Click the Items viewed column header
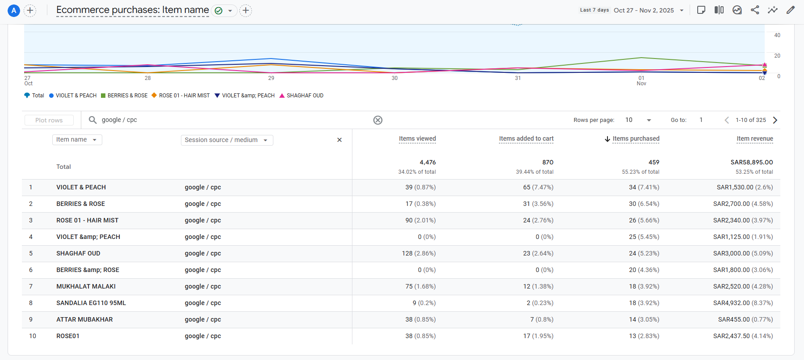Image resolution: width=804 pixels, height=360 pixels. coord(417,139)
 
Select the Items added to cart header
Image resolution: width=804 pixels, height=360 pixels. coord(526,139)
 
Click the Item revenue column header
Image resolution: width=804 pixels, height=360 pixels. coord(754,139)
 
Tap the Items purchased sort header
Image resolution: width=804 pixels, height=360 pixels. coord(635,139)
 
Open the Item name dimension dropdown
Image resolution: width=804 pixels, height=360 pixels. coord(77,140)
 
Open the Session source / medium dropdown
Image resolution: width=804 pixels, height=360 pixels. coord(226,140)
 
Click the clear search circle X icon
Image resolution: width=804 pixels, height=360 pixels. coord(378,120)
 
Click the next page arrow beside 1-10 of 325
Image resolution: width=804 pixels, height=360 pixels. coord(775,120)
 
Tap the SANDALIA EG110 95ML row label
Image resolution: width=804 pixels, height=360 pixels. coord(91,303)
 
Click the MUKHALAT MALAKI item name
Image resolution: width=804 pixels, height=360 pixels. coord(86,286)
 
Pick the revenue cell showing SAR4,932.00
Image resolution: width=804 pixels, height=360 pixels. coord(743,303)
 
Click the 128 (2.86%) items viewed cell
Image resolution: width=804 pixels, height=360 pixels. coord(419,253)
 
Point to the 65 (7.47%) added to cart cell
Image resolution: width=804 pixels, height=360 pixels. coord(538,187)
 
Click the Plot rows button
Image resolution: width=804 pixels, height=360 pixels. coord(49,120)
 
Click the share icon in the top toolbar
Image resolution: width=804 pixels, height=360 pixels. coord(755,10)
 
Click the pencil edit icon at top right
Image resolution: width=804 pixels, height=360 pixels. coord(791,10)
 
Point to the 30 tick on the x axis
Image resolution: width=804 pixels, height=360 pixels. coord(394,78)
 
